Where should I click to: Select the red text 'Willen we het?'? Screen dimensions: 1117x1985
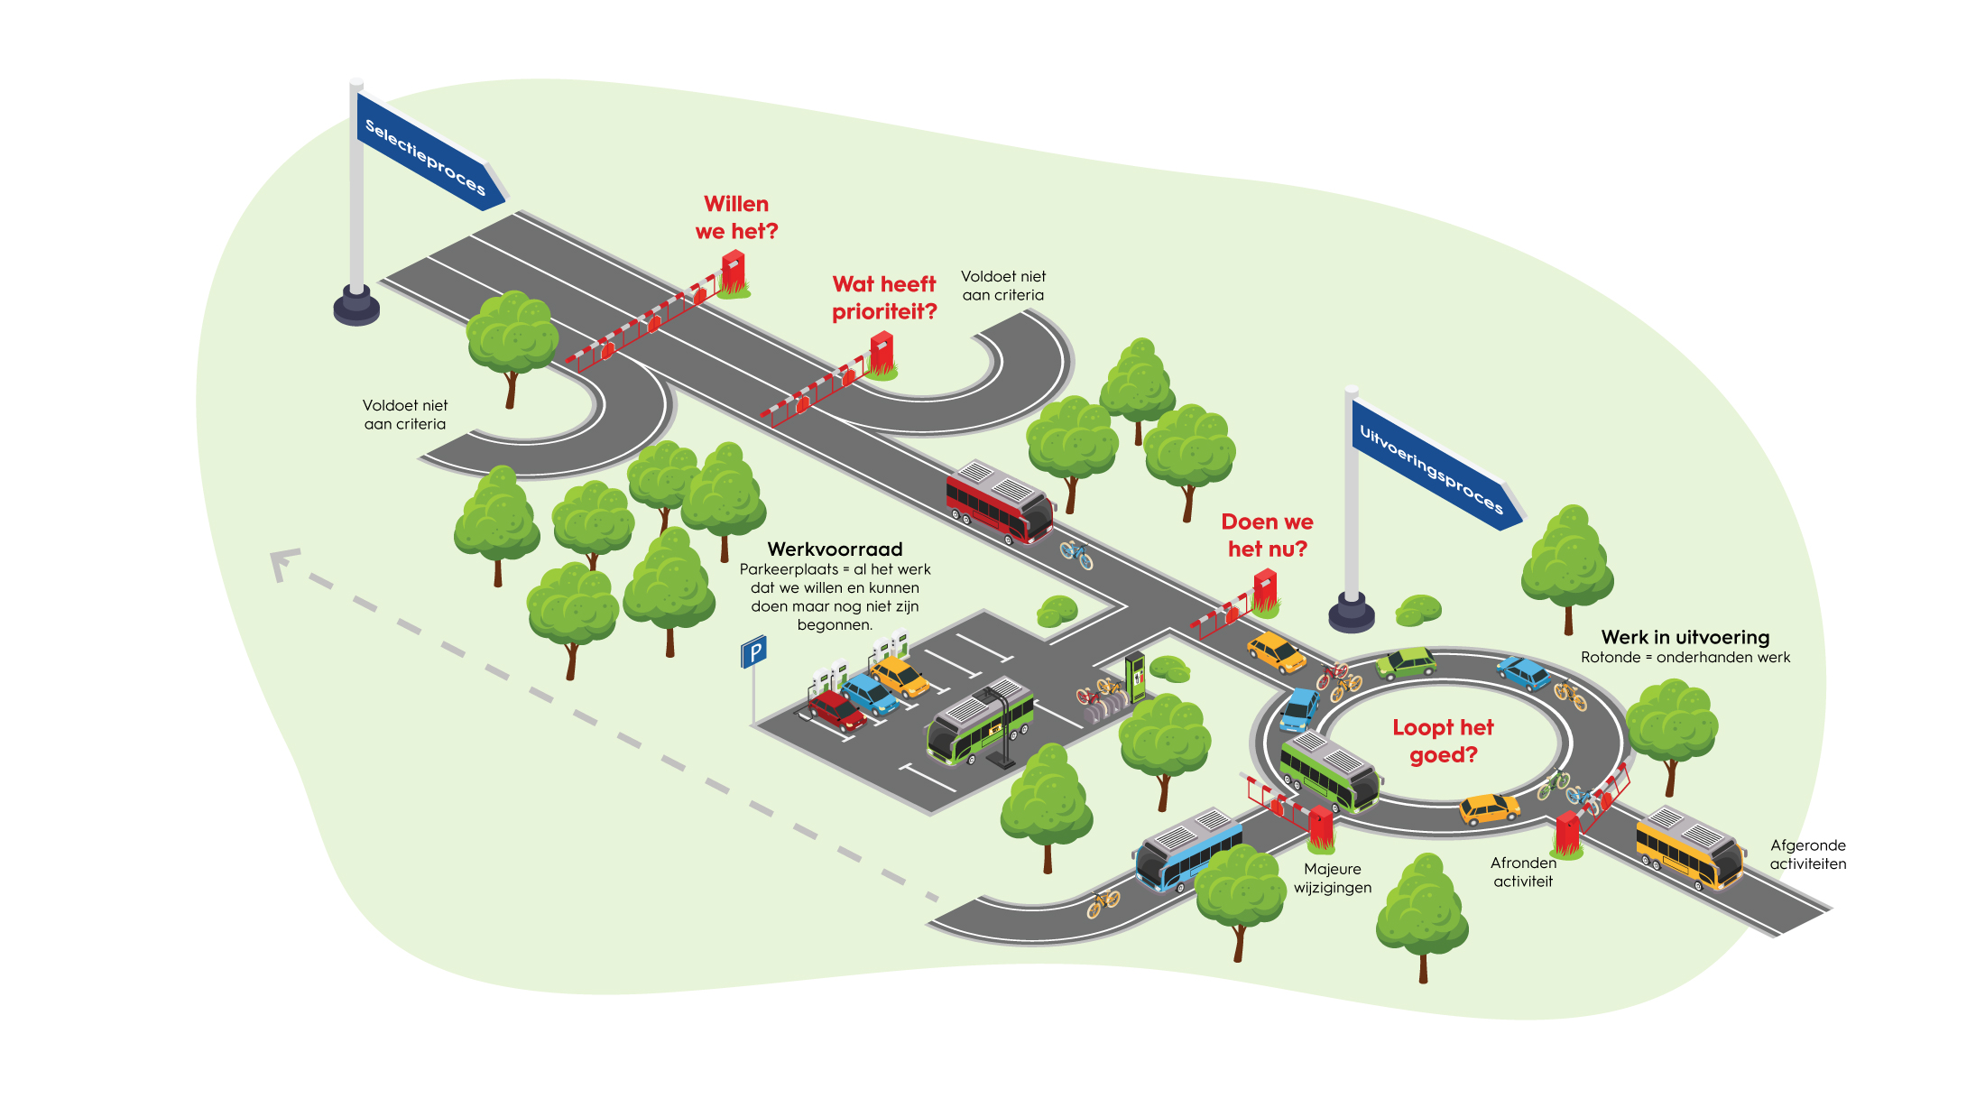click(736, 217)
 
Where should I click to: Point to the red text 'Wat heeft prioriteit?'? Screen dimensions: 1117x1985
click(884, 298)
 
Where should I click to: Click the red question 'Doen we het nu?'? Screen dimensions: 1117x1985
click(1267, 535)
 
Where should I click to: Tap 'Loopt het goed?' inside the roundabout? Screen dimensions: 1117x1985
click(1443, 741)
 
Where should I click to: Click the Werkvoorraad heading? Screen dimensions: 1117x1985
click(835, 549)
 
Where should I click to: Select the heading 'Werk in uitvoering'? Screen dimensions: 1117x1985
click(1685, 637)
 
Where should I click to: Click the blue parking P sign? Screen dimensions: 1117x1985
click(753, 651)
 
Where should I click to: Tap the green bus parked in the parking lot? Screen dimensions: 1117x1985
click(980, 722)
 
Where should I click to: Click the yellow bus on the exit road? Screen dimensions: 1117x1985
click(1688, 848)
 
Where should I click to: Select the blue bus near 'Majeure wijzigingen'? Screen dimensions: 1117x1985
click(1186, 849)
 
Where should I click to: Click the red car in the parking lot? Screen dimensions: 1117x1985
click(836, 709)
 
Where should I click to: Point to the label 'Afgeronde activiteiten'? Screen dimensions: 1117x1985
click(1807, 854)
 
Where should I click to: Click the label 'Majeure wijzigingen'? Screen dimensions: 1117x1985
click(1332, 878)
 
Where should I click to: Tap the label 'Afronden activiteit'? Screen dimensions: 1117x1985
click(1523, 872)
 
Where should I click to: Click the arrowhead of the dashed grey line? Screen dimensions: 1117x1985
click(282, 564)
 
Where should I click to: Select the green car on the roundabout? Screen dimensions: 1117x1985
click(1406, 663)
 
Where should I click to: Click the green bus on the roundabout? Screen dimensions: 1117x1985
click(1329, 771)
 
